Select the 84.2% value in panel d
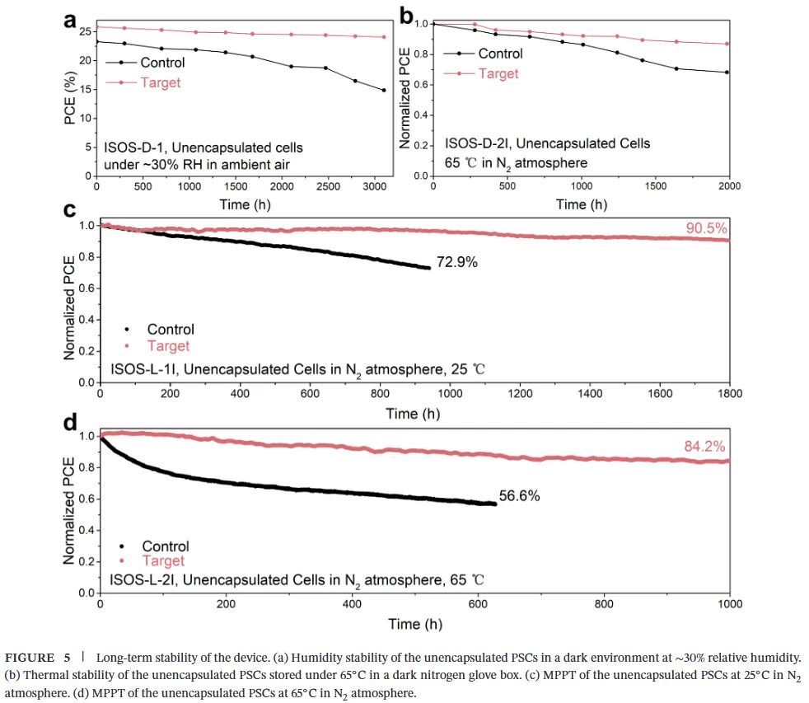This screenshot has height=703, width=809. point(704,447)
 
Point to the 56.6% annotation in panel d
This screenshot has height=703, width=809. point(520,496)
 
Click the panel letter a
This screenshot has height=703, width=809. point(72,20)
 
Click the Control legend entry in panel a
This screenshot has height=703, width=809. point(162,63)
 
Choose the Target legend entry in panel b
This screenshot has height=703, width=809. point(498,73)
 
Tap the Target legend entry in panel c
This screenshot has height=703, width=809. point(168,345)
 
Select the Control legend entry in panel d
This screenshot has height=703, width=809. point(166,546)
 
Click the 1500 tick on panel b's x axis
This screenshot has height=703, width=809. point(656,186)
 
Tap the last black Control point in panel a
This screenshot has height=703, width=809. point(384,90)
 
